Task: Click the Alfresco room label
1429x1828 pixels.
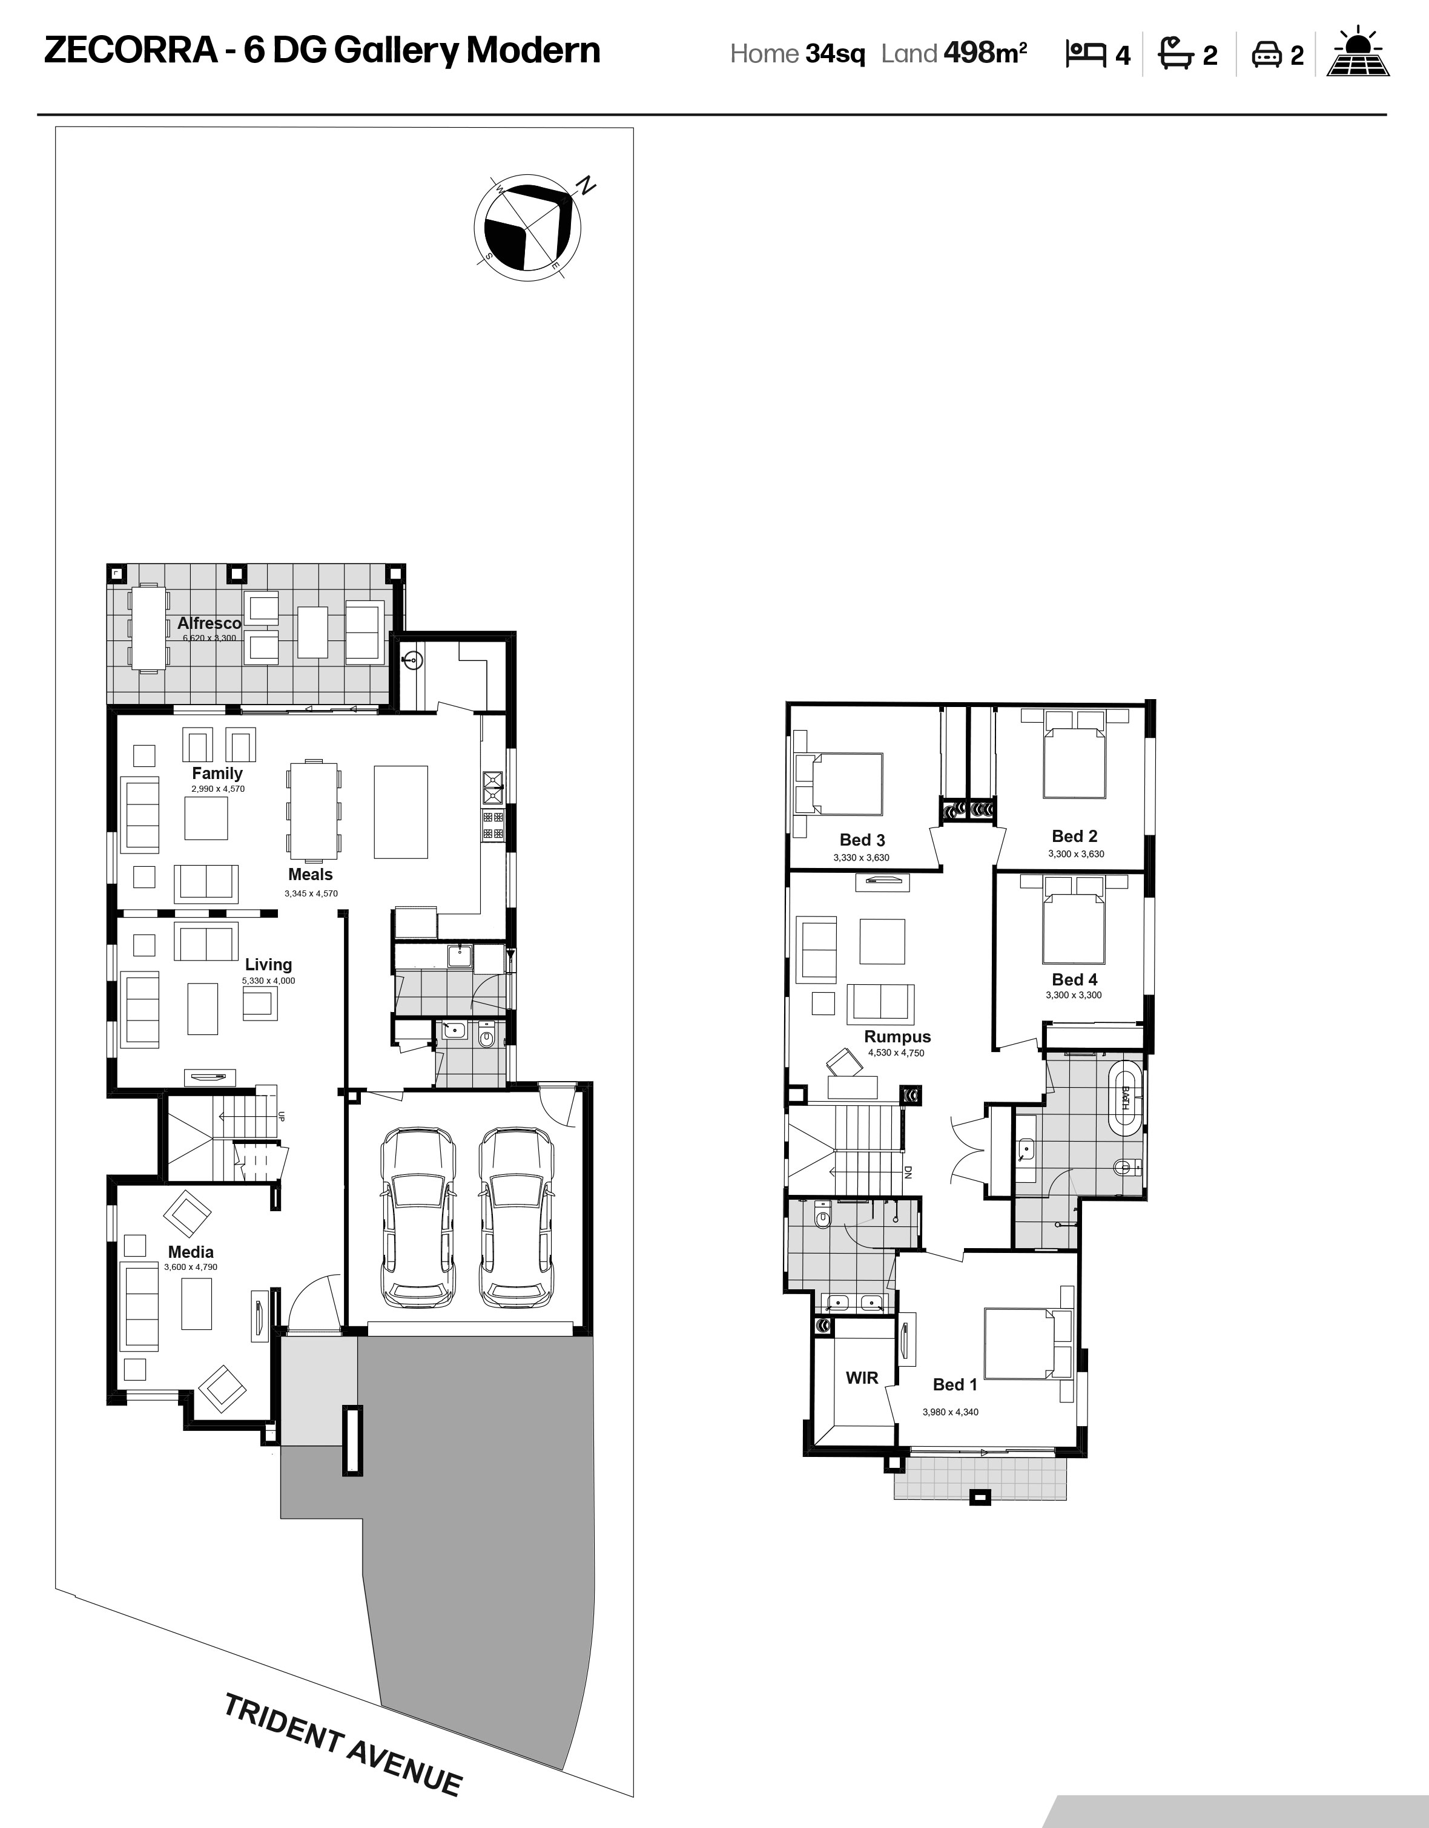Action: [210, 623]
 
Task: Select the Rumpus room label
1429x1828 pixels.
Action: [897, 1036]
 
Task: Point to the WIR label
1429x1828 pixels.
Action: [862, 1378]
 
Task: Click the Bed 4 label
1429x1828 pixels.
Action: [1074, 979]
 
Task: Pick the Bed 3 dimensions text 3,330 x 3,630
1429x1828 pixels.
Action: [862, 857]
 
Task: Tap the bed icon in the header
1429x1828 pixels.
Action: [1086, 53]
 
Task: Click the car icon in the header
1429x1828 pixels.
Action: [1267, 55]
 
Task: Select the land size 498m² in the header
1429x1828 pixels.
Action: [985, 53]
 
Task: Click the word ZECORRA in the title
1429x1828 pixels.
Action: [131, 50]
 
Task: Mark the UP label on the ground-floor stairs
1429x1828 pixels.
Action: [282, 1116]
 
